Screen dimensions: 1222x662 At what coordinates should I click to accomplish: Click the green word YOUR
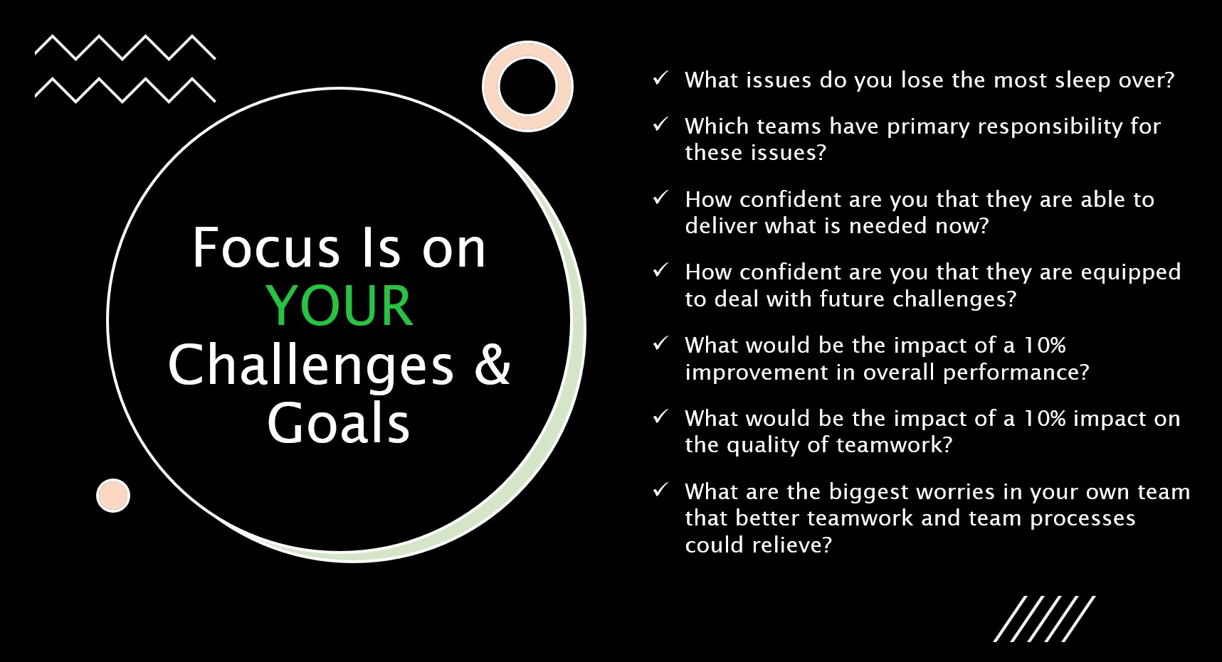point(339,306)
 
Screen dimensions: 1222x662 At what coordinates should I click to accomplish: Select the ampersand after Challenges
point(493,364)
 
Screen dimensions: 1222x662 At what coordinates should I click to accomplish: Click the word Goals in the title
point(339,422)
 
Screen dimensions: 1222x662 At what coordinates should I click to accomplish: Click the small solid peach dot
point(113,496)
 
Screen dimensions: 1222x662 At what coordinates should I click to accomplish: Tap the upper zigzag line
point(125,47)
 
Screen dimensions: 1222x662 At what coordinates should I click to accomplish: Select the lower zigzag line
point(125,90)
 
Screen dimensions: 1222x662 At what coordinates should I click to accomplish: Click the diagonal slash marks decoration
point(1044,619)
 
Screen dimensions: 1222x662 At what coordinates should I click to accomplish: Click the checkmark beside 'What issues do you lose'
point(660,78)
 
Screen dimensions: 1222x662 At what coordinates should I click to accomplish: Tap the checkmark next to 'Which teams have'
point(660,124)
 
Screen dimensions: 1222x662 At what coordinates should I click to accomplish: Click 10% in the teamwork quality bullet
point(1045,418)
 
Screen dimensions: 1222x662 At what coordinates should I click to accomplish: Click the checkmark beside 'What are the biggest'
point(660,489)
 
